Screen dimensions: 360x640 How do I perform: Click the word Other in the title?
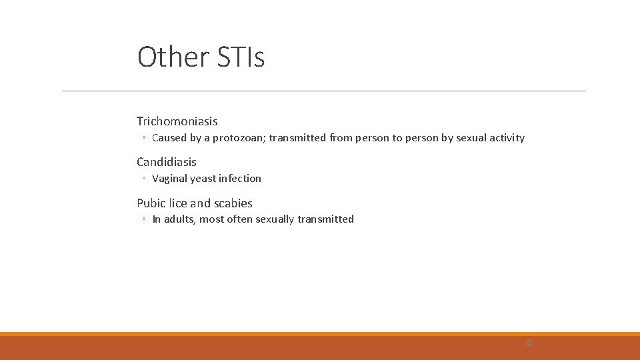(173, 57)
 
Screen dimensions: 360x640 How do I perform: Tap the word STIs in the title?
(241, 57)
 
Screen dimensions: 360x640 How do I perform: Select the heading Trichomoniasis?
(177, 121)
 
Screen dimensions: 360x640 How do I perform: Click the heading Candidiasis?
(166, 162)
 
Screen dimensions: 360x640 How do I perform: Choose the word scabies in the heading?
(233, 203)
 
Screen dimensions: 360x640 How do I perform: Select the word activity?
(504, 138)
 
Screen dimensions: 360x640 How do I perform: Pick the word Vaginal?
(169, 179)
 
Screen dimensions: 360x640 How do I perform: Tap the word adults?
(178, 219)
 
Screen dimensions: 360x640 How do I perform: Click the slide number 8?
(529, 343)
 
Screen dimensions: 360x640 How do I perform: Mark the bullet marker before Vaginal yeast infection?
(143, 179)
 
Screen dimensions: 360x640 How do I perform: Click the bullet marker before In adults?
(143, 219)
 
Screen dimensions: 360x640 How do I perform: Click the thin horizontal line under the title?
(323, 91)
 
